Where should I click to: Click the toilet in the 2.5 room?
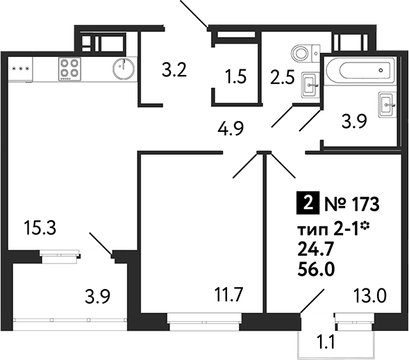pos(303,53)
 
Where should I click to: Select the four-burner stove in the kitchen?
pos(69,67)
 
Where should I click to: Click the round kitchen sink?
pos(126,67)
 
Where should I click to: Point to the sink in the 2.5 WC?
pos(310,85)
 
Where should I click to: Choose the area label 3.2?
pos(174,70)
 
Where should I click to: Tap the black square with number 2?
pos(303,205)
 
